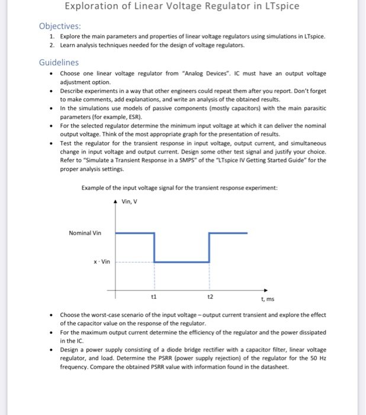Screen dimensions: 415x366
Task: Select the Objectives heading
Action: point(60,27)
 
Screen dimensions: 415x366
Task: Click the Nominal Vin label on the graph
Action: point(85,233)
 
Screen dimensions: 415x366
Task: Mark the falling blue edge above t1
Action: point(154,248)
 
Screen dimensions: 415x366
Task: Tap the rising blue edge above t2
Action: point(209,248)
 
